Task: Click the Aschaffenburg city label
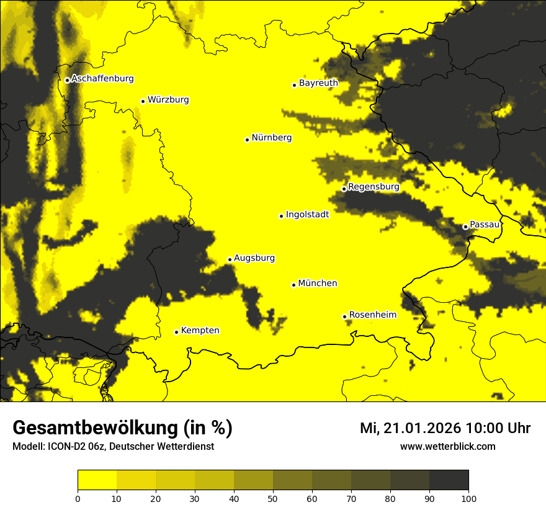(102, 79)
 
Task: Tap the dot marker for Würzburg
(143, 101)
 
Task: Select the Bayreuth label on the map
(318, 83)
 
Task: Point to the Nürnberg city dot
(247, 140)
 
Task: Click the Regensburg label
(374, 186)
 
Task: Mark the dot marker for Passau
(465, 226)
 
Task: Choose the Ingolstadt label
(307, 214)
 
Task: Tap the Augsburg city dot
(230, 259)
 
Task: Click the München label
(318, 283)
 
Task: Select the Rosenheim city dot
(344, 316)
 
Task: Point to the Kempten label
(200, 330)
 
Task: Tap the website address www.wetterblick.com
(447, 446)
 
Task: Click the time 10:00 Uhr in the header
(498, 428)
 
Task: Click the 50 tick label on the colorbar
(273, 498)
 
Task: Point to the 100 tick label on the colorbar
(468, 498)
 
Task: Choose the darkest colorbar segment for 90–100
(449, 480)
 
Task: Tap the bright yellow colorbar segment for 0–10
(97, 480)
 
